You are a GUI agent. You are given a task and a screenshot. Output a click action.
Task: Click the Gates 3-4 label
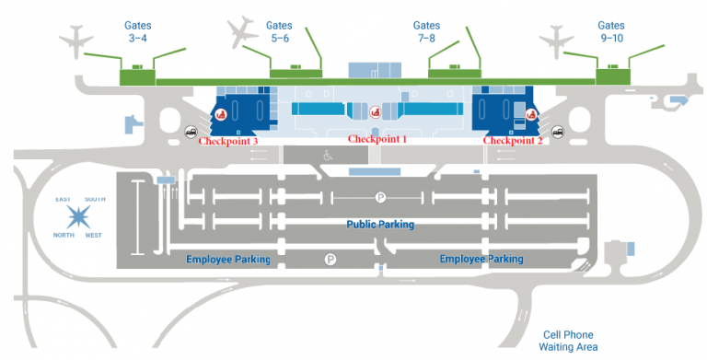(137, 32)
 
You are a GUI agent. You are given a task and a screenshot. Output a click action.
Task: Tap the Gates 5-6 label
(279, 32)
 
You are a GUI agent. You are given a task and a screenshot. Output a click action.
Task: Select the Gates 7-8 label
(426, 32)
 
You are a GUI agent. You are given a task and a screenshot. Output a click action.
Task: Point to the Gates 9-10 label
(610, 32)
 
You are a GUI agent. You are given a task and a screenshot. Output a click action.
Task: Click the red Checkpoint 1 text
(377, 139)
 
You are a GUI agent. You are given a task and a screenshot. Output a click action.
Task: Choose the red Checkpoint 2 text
(514, 141)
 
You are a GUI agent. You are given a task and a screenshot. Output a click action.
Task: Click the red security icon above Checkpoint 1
(375, 112)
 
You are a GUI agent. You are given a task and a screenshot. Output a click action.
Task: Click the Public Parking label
(379, 225)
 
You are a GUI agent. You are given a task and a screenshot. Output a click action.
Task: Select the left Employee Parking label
(228, 260)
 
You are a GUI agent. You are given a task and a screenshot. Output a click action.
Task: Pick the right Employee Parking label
(481, 260)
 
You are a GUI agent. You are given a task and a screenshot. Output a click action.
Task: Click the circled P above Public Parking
(379, 197)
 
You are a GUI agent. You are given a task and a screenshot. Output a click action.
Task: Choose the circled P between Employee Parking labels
(330, 261)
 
